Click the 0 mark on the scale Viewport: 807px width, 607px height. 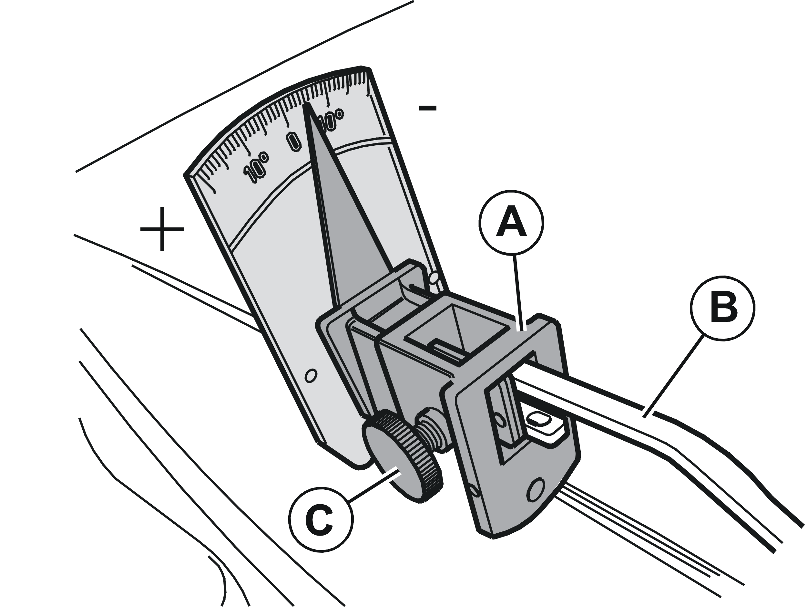(x=293, y=141)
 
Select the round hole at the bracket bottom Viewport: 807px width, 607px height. (x=536, y=491)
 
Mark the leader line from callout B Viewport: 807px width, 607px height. (x=673, y=377)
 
